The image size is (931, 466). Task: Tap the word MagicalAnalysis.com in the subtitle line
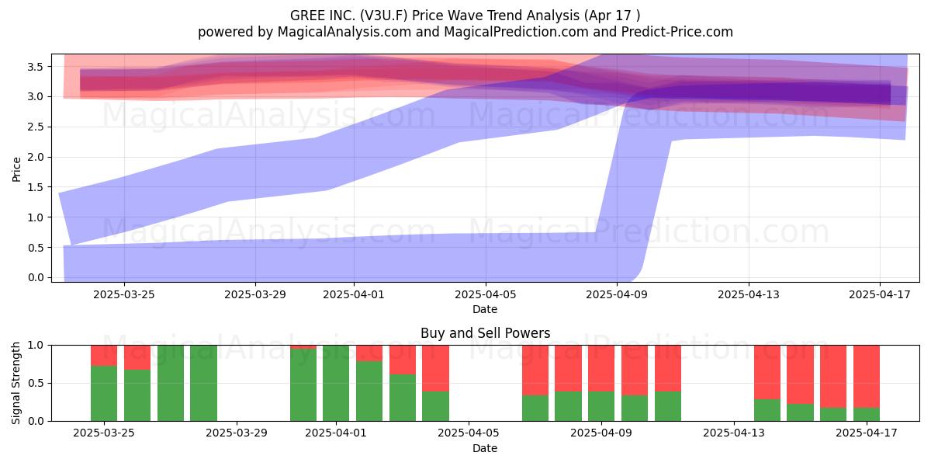[344, 32]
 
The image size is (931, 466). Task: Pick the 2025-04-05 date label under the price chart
[486, 294]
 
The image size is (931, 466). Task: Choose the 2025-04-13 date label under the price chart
[749, 294]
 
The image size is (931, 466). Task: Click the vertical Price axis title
[16, 169]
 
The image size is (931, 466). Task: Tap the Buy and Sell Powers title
[486, 333]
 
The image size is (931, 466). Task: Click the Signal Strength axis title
[16, 383]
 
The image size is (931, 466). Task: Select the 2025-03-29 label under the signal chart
[237, 433]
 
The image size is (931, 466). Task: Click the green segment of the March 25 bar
[104, 393]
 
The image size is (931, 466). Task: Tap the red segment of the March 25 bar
[104, 356]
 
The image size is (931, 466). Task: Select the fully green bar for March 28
[203, 383]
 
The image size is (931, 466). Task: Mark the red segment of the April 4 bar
[435, 368]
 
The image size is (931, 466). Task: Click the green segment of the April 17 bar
[867, 415]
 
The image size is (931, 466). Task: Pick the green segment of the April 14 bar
[767, 410]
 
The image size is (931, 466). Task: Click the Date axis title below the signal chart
[485, 448]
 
